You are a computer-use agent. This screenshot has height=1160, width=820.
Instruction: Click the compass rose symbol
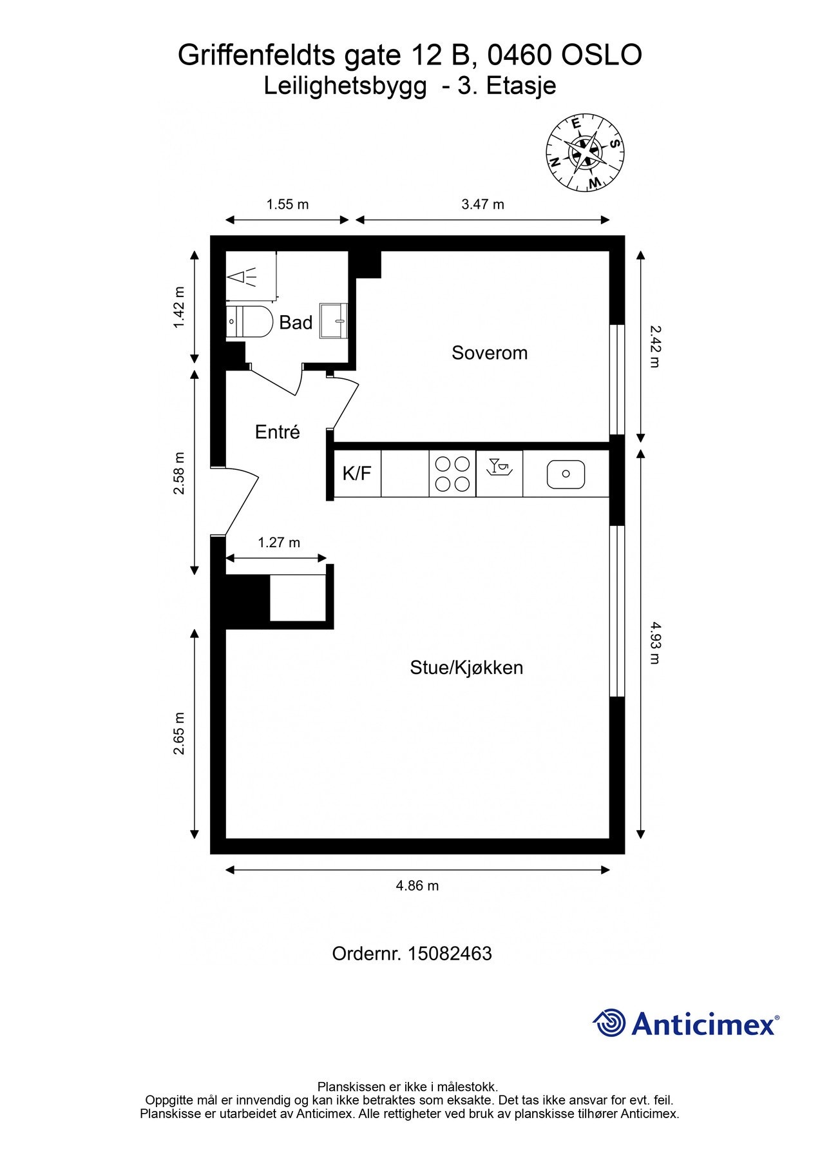coord(586,153)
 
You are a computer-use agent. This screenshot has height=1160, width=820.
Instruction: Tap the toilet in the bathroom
coord(251,321)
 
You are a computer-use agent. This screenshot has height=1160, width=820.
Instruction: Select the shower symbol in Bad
coord(242,277)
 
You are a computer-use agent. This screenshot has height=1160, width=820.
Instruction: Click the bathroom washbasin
coord(334,320)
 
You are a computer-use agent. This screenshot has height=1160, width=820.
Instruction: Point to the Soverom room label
coord(490,353)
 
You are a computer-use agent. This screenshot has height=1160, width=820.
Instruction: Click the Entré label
coord(278,432)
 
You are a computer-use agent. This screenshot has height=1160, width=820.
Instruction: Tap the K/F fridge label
coord(357,474)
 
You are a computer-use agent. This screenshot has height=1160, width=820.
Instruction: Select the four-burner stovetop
coord(452,474)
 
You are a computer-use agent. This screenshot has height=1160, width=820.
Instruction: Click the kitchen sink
coord(566,474)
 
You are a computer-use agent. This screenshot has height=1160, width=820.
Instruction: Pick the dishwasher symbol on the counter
coord(499,467)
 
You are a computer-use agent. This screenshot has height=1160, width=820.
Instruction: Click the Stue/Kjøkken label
coord(466,667)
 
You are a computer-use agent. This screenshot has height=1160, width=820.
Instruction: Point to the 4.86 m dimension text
coord(417,885)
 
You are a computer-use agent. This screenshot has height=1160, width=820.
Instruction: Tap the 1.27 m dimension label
coord(279,543)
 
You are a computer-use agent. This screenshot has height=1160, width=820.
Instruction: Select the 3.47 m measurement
coord(482,204)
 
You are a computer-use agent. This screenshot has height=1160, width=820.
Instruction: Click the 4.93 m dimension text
coord(654,643)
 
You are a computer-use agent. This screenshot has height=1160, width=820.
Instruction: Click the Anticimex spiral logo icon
coord(609,1023)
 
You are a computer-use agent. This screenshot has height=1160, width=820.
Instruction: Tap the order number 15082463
coord(450,953)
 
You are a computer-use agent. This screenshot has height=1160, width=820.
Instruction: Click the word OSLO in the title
coord(602,55)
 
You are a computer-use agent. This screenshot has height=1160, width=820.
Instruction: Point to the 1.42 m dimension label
coord(179,307)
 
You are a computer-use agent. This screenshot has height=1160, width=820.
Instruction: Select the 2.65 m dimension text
coord(179,733)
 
